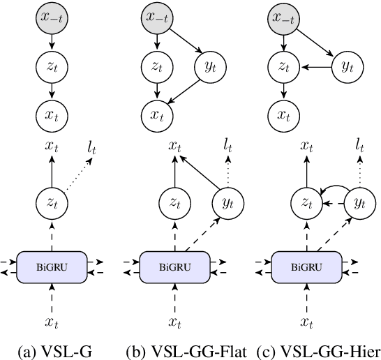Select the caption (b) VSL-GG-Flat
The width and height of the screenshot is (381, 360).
coord(184,351)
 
